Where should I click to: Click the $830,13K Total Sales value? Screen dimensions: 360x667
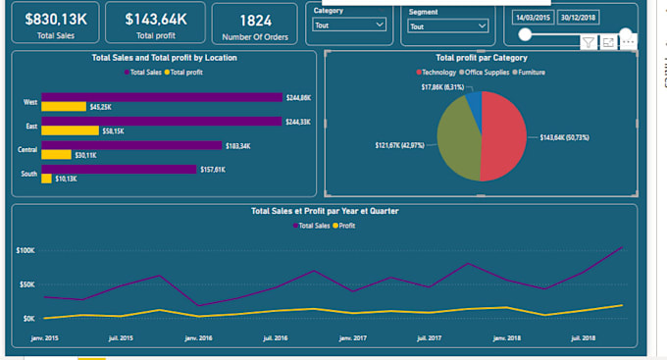[55, 18]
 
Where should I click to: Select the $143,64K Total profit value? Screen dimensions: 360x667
[156, 18]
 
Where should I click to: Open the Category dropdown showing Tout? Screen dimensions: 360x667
[351, 26]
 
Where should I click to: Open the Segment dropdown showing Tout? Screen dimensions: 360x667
[447, 26]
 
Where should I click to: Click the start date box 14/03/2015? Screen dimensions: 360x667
[533, 18]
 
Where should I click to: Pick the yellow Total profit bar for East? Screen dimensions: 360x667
[70, 130]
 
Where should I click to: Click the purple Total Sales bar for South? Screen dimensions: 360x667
[119, 169]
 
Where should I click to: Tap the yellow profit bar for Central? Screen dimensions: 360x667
[56, 154]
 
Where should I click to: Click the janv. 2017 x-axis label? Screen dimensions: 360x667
[351, 337]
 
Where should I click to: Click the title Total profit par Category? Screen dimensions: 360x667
[481, 58]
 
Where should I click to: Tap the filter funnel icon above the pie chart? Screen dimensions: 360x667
[588, 41]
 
